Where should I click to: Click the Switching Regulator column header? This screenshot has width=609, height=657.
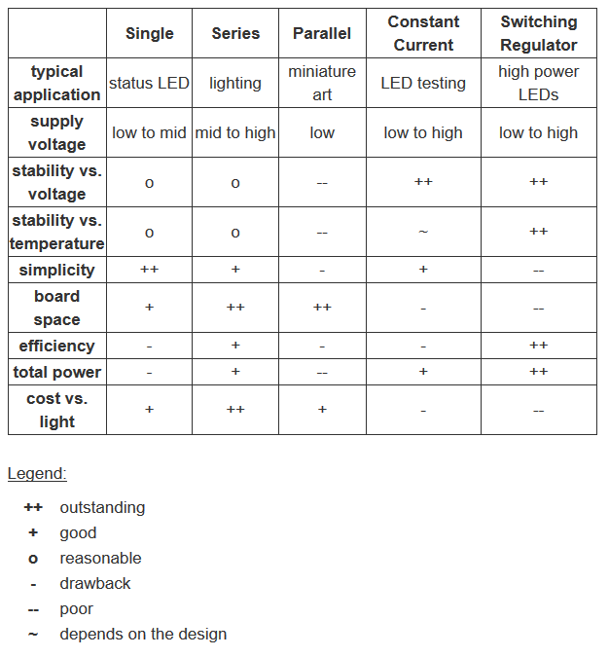[538, 33]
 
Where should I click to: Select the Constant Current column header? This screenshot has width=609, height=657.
[423, 33]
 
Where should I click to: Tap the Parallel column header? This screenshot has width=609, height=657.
[322, 33]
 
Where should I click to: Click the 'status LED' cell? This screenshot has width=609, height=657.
[149, 83]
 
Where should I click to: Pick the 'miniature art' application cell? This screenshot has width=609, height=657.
[322, 83]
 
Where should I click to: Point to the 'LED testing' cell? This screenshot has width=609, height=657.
[423, 83]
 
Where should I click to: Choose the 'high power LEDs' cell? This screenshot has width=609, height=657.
[538, 83]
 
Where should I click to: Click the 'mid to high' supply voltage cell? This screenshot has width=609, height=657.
[235, 132]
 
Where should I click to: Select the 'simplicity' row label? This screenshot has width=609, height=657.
[57, 270]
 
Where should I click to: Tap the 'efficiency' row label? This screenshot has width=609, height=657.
[57, 346]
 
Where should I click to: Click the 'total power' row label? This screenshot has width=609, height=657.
[57, 372]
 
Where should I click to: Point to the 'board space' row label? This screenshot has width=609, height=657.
[57, 308]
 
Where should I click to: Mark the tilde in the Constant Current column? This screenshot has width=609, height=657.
[423, 232]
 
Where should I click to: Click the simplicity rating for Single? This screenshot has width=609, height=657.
[149, 270]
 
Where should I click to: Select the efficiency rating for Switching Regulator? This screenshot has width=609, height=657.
[538, 346]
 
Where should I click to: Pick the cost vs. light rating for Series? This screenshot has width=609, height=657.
[235, 410]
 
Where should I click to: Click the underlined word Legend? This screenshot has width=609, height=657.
[37, 474]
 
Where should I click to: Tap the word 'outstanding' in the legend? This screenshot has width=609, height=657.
[102, 507]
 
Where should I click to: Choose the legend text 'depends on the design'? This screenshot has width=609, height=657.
[143, 634]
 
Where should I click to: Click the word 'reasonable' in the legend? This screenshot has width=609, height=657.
[100, 558]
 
